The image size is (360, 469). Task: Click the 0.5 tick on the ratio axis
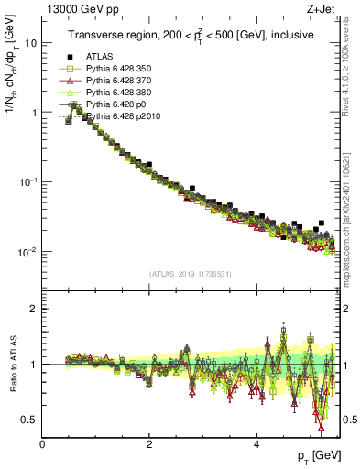tap(29, 420)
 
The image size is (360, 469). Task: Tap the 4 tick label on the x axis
tap(256, 444)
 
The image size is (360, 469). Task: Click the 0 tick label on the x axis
tap(43, 444)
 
